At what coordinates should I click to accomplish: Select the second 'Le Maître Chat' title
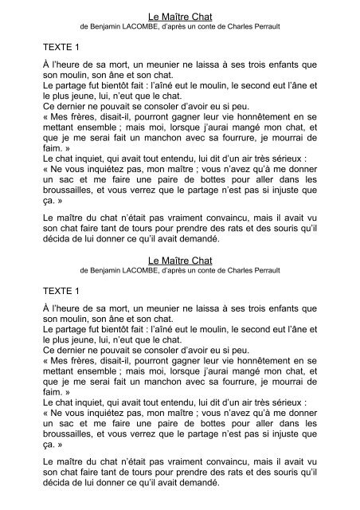(180, 260)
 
